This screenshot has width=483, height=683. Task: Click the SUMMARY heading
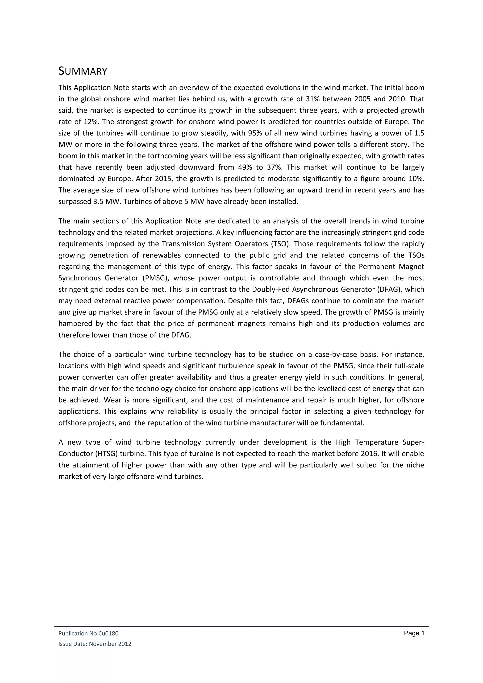[x=83, y=71]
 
